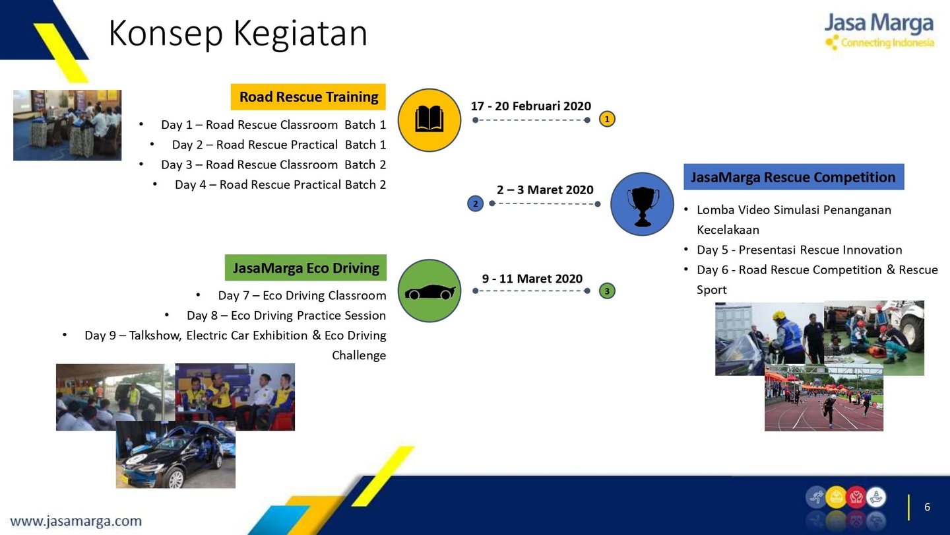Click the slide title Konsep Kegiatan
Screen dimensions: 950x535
[238, 34]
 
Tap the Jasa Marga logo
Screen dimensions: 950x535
[879, 30]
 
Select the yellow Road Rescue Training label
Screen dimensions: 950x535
[308, 97]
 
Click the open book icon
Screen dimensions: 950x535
[429, 120]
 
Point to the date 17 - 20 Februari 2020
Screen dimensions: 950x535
[530, 106]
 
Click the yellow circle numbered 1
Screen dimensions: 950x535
[607, 119]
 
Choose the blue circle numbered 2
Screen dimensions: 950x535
[476, 204]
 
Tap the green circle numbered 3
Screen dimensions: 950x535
[607, 291]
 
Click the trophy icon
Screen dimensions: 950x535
[643, 206]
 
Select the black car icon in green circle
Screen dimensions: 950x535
[429, 292]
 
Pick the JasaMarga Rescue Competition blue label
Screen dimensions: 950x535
[794, 176]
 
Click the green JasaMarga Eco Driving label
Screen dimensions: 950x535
[305, 267]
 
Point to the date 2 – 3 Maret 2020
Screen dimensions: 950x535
[545, 190]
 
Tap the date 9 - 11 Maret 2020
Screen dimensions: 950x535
[532, 279]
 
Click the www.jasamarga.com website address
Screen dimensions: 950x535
[76, 521]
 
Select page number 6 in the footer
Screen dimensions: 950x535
[927, 507]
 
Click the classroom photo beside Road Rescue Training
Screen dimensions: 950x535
[67, 125]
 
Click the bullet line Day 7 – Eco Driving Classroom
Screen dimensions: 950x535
[302, 295]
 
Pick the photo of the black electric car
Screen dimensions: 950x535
[175, 454]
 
